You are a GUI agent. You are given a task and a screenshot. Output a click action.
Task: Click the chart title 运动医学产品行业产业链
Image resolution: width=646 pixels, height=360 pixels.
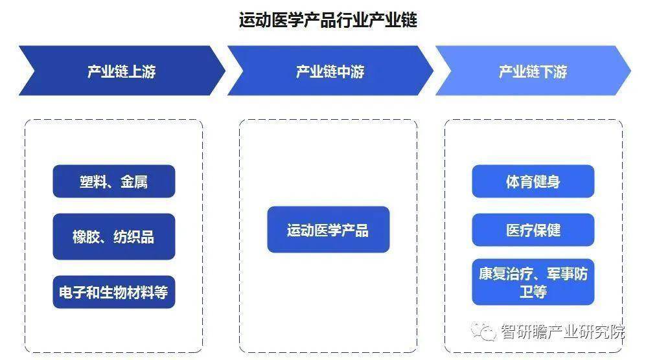tap(328, 20)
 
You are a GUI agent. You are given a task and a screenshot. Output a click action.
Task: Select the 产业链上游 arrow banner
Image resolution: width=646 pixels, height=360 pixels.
tap(122, 71)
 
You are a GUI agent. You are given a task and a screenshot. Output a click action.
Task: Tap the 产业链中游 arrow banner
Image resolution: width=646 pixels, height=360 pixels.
tap(330, 71)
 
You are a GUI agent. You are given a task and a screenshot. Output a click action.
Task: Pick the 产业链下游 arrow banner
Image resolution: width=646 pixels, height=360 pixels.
tap(533, 71)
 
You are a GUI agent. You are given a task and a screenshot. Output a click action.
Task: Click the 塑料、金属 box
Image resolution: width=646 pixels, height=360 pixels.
tap(113, 181)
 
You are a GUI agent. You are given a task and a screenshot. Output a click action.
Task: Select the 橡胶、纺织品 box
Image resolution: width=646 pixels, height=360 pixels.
tap(113, 236)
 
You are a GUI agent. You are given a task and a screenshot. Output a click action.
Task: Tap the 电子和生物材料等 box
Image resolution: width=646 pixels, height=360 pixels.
tap(113, 292)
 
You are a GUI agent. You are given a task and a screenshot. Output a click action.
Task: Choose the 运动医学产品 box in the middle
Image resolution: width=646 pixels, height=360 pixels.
tap(329, 229)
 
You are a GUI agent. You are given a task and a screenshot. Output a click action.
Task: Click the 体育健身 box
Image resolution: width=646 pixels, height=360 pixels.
tap(533, 181)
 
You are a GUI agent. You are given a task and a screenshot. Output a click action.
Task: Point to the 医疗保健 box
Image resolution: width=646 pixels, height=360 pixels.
tap(533, 230)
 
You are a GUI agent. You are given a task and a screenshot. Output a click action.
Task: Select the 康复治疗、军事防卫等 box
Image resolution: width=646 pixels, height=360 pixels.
tap(533, 282)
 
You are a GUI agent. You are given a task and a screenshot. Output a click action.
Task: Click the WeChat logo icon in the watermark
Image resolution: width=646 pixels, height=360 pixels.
tap(483, 331)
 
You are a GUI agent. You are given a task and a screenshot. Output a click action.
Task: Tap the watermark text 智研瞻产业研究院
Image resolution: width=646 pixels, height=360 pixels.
tap(562, 332)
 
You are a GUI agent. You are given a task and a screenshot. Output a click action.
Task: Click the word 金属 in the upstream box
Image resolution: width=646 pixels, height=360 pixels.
tap(134, 182)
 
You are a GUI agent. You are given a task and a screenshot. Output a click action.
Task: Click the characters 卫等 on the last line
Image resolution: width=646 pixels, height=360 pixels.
tap(533, 291)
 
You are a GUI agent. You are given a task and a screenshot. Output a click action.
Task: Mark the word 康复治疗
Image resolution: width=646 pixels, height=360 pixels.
tap(506, 274)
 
